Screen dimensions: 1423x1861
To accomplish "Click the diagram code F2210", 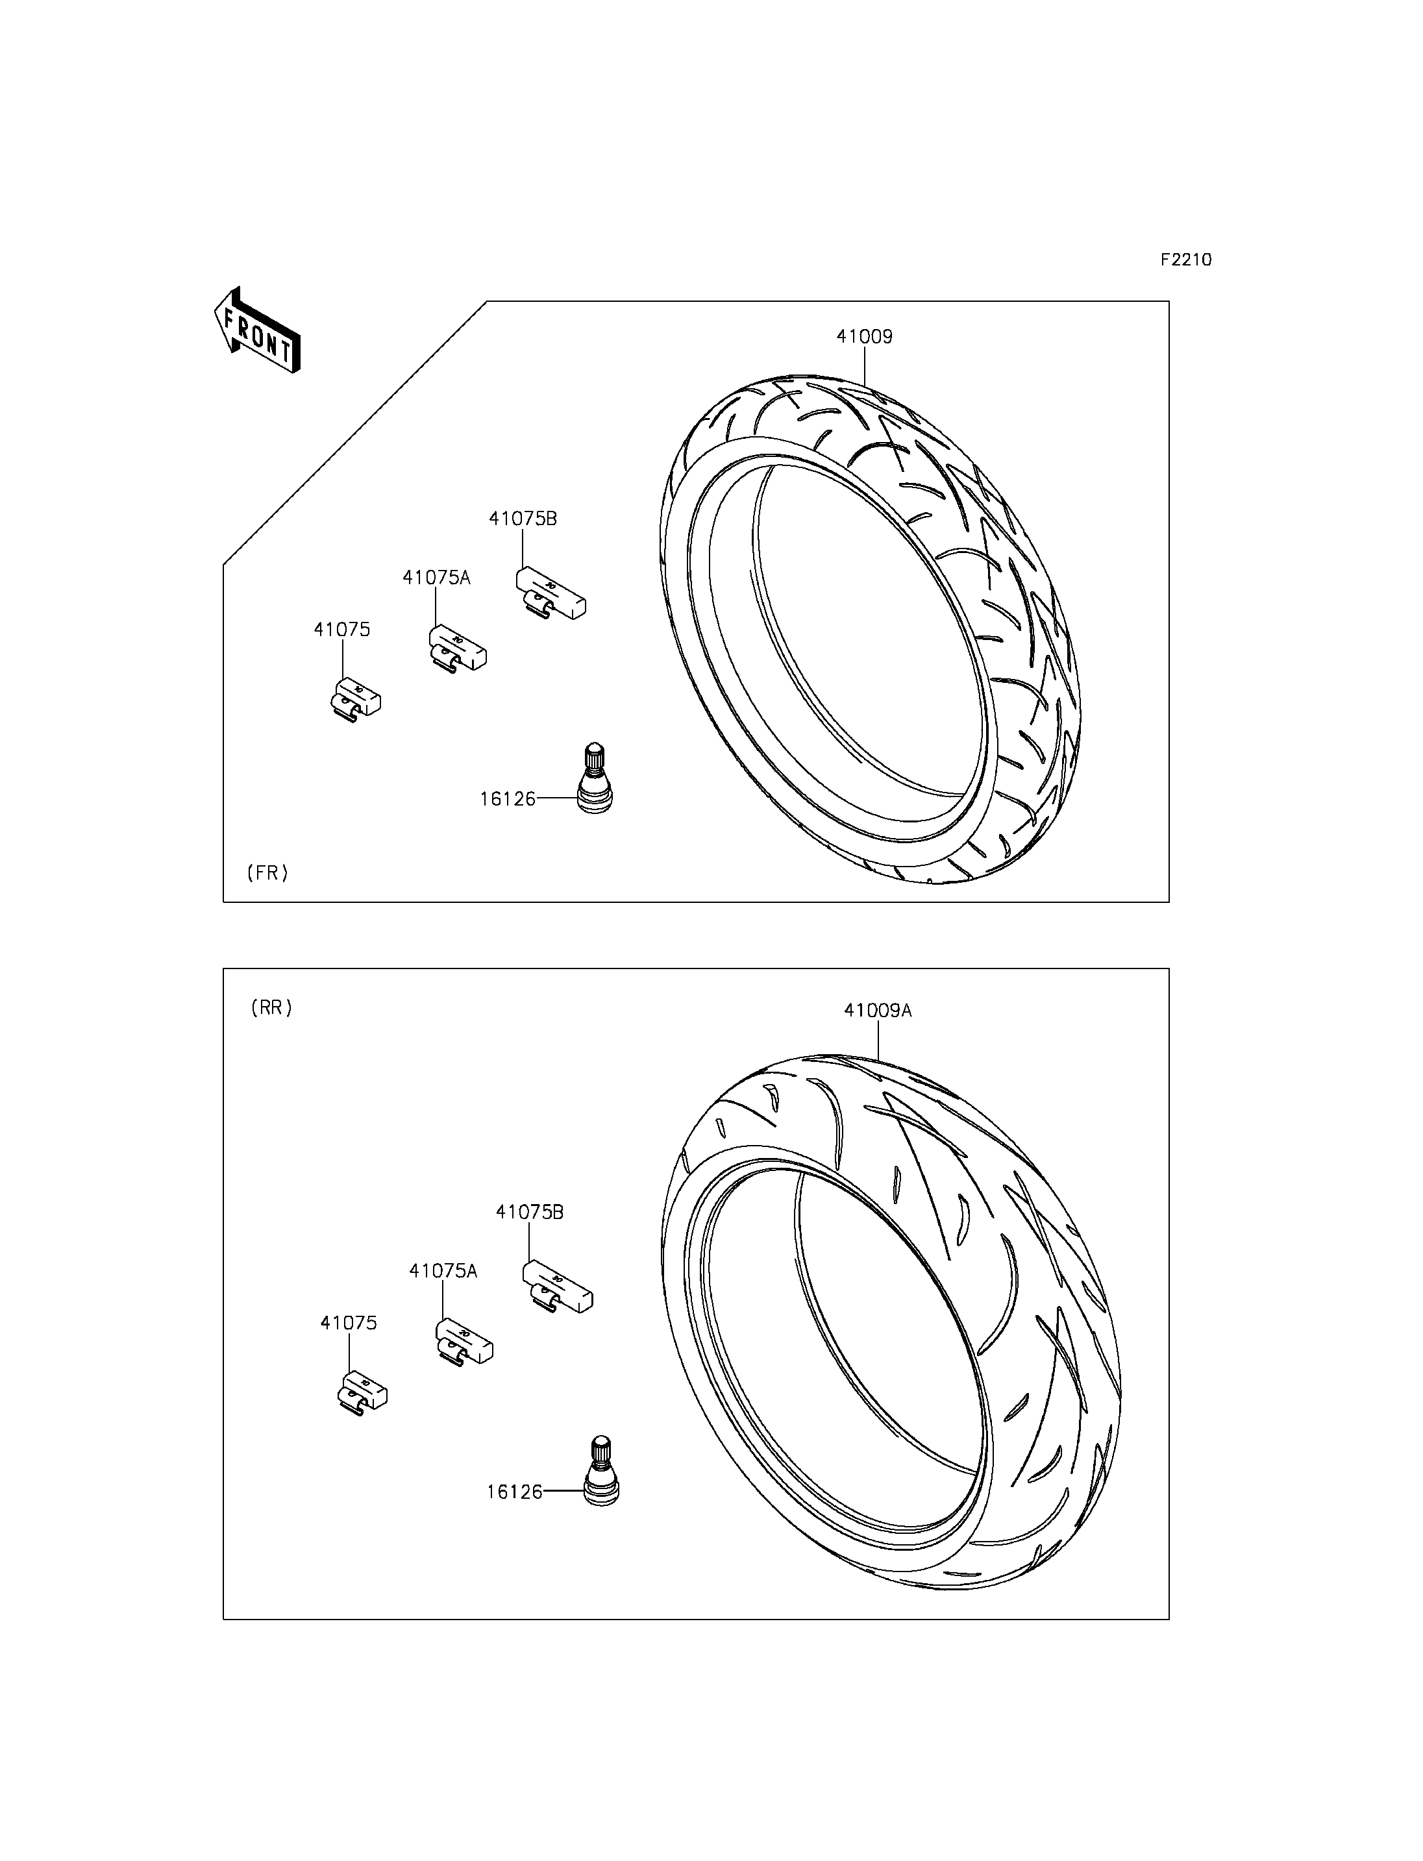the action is coord(1186,260).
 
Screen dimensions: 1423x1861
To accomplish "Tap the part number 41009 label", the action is coord(864,336).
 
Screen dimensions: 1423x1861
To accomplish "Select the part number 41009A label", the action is coord(878,1011).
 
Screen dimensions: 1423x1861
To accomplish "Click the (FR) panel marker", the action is coord(267,872).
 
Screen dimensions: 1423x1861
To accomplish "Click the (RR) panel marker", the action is coord(271,1008).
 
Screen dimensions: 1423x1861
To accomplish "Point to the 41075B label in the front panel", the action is coord(523,519).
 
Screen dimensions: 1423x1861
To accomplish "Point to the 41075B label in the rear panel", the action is coord(529,1212).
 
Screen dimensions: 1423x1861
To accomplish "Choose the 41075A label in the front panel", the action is coord(436,578).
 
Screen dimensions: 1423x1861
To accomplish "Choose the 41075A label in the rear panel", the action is coord(443,1270).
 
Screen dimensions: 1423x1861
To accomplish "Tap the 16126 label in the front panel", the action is coord(508,799).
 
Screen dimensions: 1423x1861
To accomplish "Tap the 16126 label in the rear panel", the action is coord(514,1492).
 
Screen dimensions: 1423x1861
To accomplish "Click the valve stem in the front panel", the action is coord(595,780).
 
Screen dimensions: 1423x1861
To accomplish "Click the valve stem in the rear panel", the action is coord(601,1472).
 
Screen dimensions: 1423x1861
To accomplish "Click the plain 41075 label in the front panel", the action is coord(342,630).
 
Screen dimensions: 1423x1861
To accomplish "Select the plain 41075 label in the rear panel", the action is coord(349,1323).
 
